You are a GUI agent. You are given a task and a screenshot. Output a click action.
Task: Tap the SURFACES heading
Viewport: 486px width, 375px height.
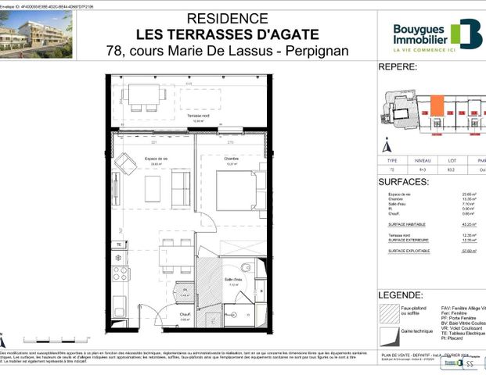point(403,181)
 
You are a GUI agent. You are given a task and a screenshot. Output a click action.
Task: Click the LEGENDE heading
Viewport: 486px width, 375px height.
point(401,295)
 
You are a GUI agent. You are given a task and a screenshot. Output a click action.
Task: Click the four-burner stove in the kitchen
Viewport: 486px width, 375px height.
point(121,273)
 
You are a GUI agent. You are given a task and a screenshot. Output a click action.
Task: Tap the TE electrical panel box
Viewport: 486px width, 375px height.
point(118,245)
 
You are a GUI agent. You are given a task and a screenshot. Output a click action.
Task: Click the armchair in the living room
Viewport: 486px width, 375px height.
point(126,164)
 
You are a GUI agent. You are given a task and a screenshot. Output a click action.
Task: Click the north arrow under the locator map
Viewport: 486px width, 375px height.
point(384,145)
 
